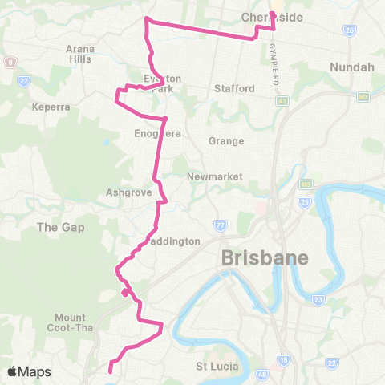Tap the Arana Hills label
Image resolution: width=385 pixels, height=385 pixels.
point(81,55)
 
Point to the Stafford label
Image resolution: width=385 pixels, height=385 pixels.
point(233,89)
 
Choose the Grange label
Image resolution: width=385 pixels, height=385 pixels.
point(225,141)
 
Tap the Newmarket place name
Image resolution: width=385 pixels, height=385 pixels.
point(209,176)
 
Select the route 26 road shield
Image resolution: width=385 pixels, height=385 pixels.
point(349,30)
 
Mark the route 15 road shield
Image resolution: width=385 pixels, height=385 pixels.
point(284,360)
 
